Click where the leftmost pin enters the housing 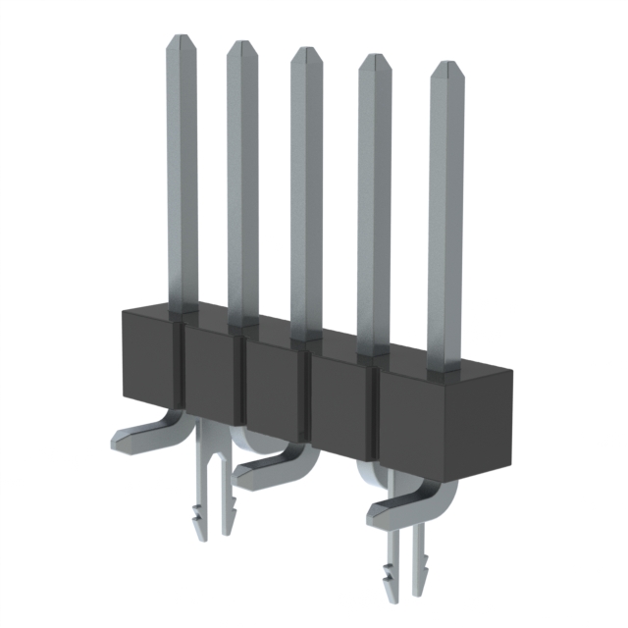[x=182, y=310]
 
